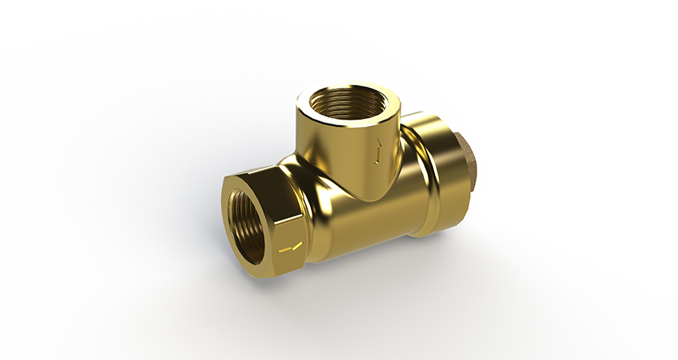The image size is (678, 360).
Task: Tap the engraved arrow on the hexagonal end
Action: coord(290,249)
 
